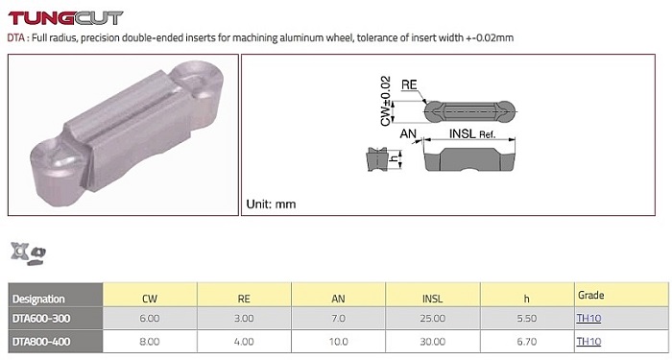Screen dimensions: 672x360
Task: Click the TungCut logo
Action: (65, 18)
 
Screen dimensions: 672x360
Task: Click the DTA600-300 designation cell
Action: (41, 319)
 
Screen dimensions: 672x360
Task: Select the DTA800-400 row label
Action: (41, 342)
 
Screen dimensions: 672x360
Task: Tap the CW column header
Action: (150, 299)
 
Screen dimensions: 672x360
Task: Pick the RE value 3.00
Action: (244, 319)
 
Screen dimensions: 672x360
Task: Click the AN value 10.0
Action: (338, 342)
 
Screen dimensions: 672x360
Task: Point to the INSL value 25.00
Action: (432, 319)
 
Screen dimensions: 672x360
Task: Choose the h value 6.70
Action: (527, 342)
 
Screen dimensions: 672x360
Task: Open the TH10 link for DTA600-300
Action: (588, 318)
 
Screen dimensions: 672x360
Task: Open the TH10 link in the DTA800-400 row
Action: (588, 341)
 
